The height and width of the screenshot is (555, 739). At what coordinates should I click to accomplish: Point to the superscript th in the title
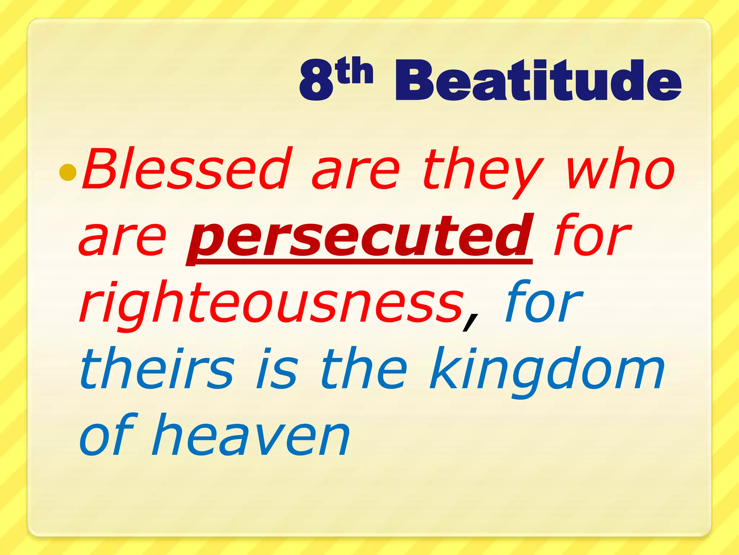(x=355, y=71)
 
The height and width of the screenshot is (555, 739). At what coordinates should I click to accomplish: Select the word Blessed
(x=186, y=169)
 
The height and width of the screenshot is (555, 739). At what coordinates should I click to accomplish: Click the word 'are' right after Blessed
(x=355, y=173)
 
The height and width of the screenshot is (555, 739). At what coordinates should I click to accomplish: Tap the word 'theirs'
(x=157, y=369)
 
